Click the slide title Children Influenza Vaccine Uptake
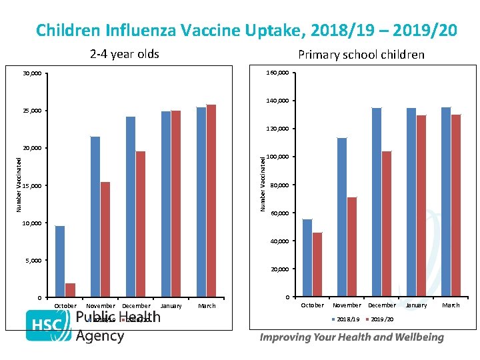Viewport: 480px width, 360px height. (x=246, y=30)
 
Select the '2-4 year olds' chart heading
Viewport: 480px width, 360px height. (x=125, y=54)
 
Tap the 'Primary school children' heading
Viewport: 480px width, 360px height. (x=361, y=55)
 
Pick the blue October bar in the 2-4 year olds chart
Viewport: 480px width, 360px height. (x=60, y=261)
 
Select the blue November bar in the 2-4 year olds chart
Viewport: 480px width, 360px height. (x=95, y=217)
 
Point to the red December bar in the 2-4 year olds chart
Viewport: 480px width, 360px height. (x=141, y=224)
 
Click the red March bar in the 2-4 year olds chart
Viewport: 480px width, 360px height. (x=211, y=201)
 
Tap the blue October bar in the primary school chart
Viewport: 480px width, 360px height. (x=307, y=257)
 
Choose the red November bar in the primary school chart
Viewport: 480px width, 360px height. (x=352, y=247)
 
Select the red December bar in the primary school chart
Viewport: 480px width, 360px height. (x=387, y=224)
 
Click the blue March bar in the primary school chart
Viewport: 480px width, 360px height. (x=445, y=202)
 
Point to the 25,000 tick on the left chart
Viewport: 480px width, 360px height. (x=31, y=110)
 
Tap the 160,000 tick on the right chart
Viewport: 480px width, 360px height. (x=278, y=72)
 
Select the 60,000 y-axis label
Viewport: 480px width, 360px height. (x=279, y=213)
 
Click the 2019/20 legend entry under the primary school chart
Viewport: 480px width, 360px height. (x=381, y=319)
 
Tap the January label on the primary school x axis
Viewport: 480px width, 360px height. (x=416, y=305)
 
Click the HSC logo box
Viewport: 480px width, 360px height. (x=48, y=326)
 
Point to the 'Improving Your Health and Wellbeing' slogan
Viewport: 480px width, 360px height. (x=351, y=337)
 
